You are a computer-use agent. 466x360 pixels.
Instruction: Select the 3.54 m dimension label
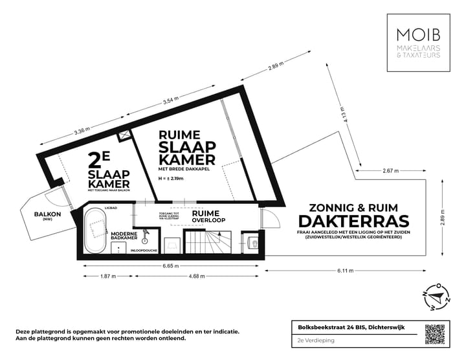170,100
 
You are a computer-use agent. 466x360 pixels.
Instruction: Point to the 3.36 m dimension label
82,131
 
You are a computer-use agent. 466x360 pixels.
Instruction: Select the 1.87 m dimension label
107,276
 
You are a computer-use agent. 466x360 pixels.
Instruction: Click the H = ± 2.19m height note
172,179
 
